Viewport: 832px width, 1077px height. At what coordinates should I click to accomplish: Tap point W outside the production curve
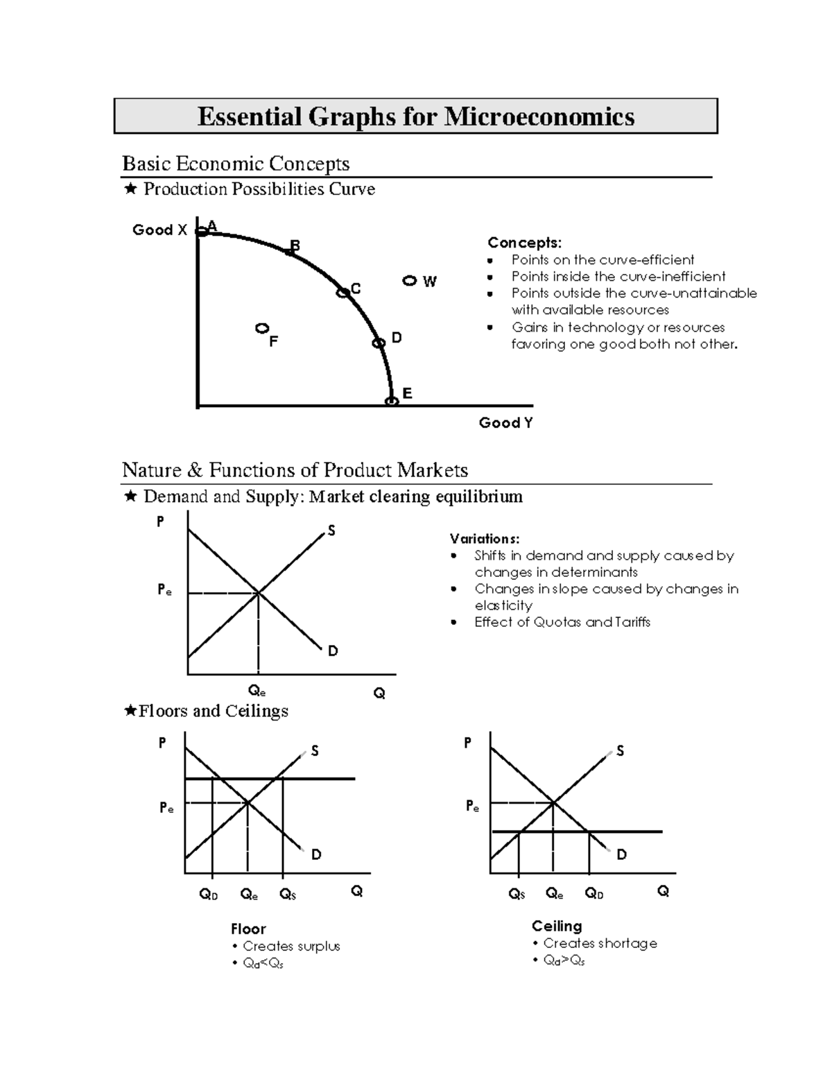pos(410,281)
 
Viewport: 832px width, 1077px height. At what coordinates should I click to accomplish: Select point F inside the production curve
pos(262,328)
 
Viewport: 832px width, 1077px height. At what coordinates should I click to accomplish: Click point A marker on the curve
pos(202,232)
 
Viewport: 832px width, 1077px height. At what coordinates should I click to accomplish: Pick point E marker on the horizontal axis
pos(392,402)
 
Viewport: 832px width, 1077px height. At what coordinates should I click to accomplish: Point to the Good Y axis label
pos(505,422)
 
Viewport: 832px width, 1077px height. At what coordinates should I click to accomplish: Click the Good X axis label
pos(159,230)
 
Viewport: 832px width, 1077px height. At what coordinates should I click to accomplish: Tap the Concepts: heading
pos(524,243)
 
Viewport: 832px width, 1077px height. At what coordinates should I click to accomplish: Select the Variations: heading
pos(484,539)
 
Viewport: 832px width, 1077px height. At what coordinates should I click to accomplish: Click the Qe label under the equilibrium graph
pos(257,691)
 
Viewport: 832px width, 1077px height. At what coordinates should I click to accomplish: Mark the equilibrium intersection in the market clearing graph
pos(258,593)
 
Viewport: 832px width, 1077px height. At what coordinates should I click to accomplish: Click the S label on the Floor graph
pos(315,751)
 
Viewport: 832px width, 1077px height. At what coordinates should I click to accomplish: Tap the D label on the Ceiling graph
pos(621,854)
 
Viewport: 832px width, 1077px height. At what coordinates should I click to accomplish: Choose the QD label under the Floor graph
pos(209,895)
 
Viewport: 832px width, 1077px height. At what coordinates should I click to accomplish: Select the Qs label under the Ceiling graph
pos(517,894)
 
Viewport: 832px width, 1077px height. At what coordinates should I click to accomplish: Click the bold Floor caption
pos(248,929)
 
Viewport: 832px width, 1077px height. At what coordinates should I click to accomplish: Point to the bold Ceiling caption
pos(557,926)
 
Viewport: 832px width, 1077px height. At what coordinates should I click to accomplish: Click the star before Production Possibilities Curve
pos(130,189)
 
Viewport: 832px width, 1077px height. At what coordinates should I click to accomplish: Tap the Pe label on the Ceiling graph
pos(472,807)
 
